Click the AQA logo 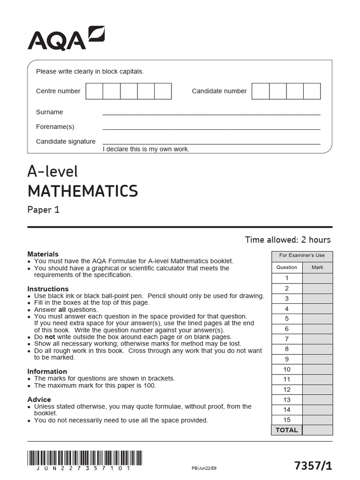point(66,38)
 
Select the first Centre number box point(94,91)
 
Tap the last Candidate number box point(312,91)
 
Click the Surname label point(49,112)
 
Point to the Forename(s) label point(55,127)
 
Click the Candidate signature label point(66,141)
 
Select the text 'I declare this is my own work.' point(146,149)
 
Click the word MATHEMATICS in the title point(82,191)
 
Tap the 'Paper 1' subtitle point(44,210)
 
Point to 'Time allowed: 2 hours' point(287,240)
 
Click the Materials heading point(43,254)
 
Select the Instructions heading point(48,289)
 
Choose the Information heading point(47,371)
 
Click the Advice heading point(39,399)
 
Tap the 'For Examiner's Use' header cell point(302,255)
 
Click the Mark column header point(317,267)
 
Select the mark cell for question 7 point(317,339)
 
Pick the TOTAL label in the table point(286,430)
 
